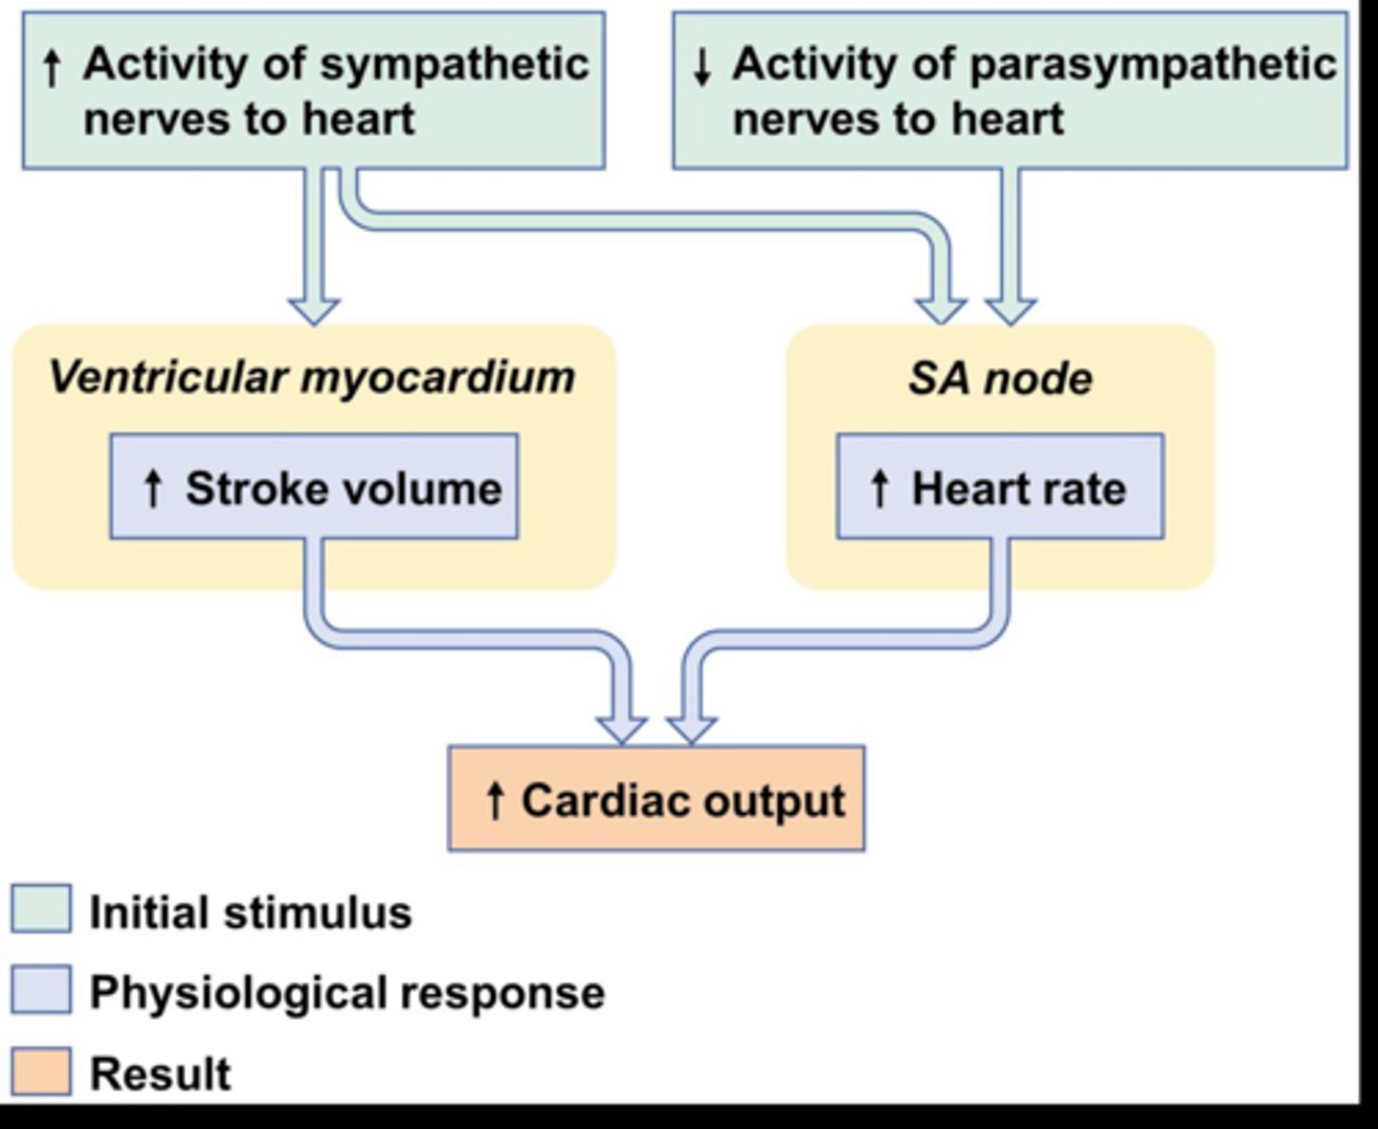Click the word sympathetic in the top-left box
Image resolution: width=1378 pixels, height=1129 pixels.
click(454, 65)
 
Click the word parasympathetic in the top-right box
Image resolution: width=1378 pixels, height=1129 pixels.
click(1153, 65)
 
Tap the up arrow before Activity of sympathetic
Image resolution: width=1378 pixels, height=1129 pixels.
click(54, 67)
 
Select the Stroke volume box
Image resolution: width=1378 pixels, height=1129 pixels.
click(314, 487)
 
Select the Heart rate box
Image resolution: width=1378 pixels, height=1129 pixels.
click(1000, 487)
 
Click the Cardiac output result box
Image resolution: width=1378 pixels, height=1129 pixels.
click(656, 800)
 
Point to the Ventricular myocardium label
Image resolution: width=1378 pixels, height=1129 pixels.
click(312, 377)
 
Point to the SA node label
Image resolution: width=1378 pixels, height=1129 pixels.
click(1000, 379)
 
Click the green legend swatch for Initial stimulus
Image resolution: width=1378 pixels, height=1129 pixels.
click(40, 909)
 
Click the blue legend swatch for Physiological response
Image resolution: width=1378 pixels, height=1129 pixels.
click(40, 989)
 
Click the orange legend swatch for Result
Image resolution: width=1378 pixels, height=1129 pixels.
click(40, 1072)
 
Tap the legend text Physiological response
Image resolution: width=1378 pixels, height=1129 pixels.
click(346, 992)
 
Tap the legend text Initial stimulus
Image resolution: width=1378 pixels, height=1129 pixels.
click(250, 912)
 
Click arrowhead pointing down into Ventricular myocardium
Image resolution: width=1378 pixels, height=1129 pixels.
click(314, 310)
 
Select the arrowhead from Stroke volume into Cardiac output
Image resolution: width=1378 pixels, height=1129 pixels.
click(621, 728)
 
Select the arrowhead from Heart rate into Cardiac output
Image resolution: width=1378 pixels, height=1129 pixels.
click(691, 728)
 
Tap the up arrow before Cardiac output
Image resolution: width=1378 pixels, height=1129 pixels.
click(495, 800)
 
